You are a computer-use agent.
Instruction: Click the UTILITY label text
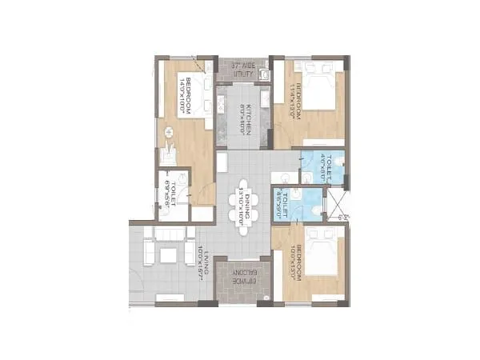[x=243, y=69]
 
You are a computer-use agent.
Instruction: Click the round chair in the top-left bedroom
[x=169, y=131]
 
